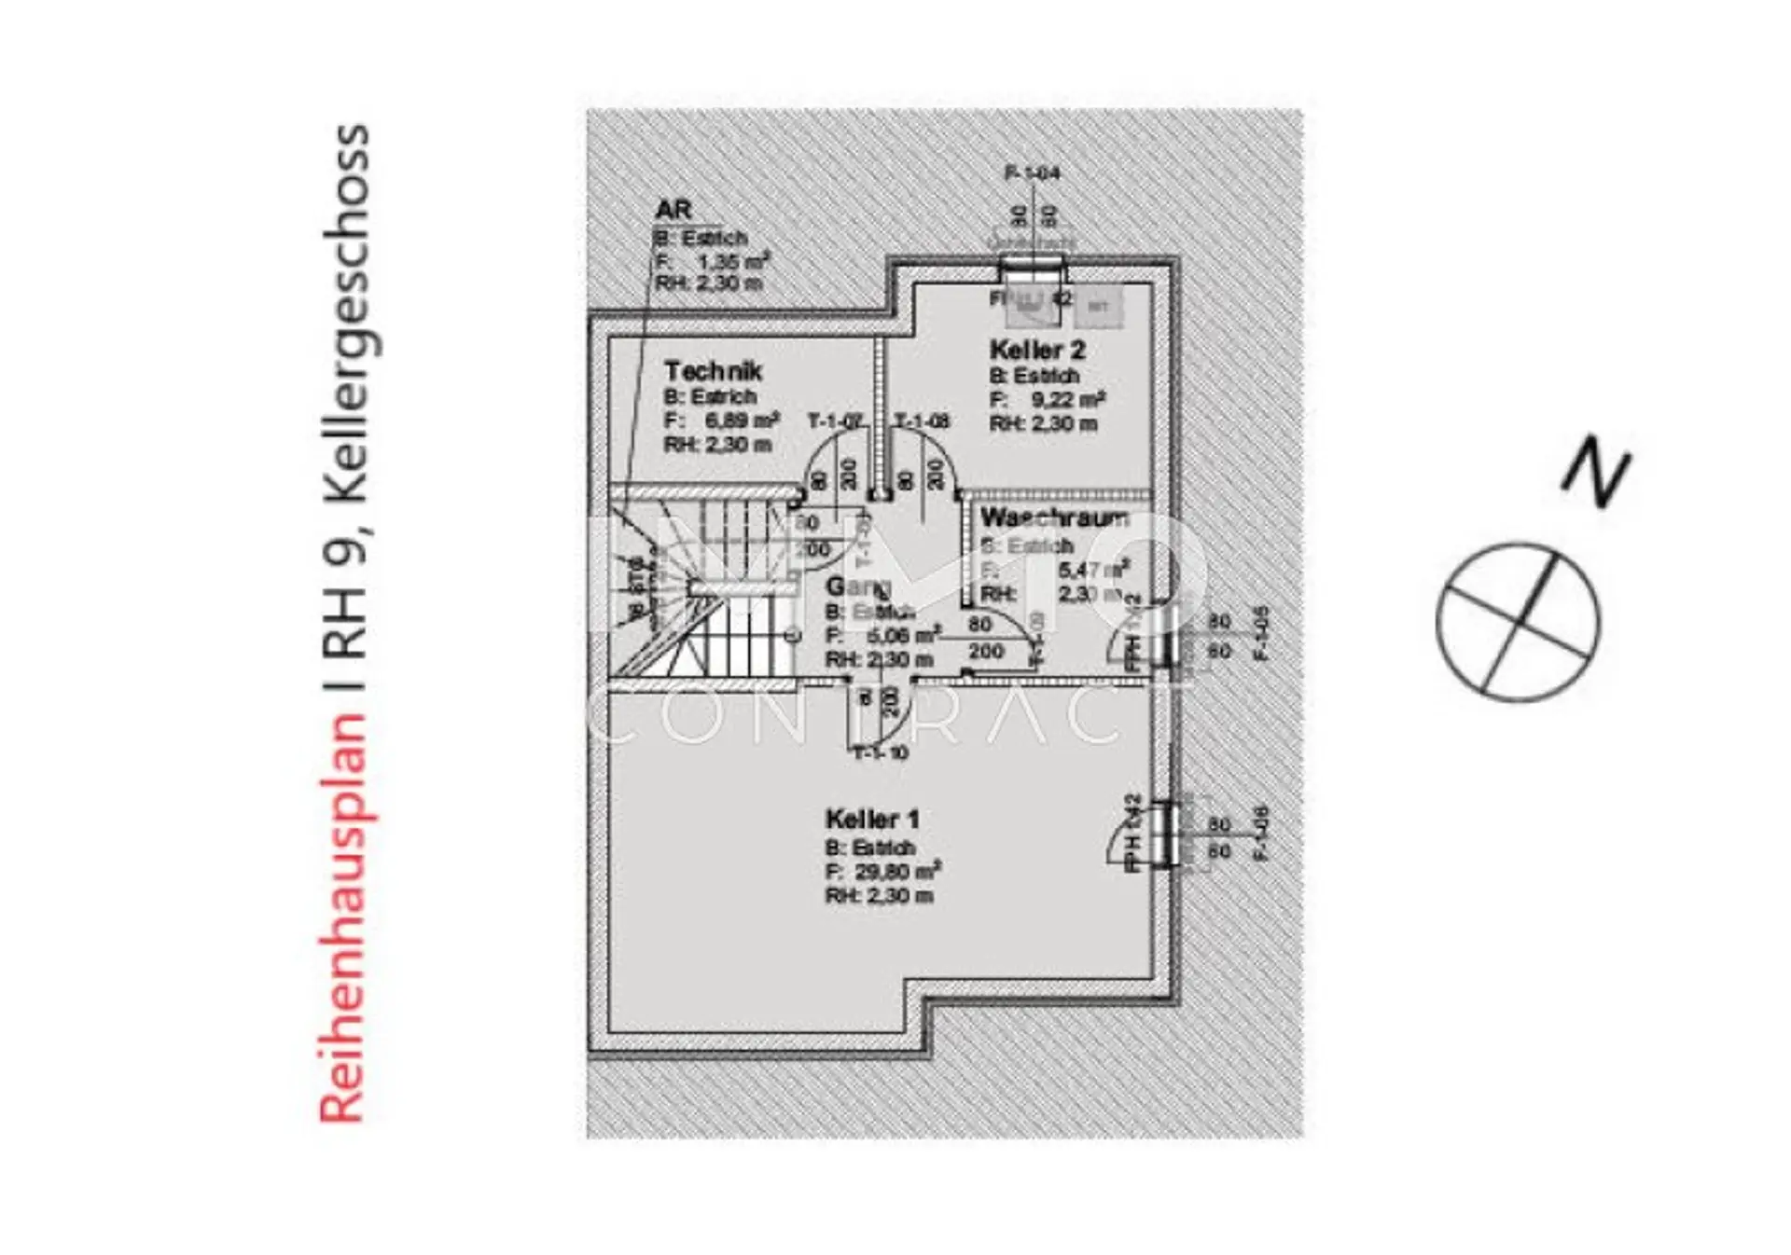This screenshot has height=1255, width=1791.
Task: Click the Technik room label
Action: (713, 371)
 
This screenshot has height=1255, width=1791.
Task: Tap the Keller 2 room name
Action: (1037, 351)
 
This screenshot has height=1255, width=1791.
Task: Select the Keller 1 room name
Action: (872, 820)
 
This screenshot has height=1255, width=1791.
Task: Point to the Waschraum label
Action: (1054, 517)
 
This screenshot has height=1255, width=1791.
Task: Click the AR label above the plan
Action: (673, 210)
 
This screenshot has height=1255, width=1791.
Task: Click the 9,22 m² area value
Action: (1067, 400)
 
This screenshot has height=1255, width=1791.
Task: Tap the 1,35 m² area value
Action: (733, 261)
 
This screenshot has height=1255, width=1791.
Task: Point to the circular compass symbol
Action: (1518, 622)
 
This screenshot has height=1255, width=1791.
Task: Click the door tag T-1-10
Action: (881, 753)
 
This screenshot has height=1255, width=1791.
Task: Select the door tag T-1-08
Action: (922, 421)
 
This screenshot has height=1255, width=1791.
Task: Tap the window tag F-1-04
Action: (1032, 172)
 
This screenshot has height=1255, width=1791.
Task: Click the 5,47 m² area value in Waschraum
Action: (1093, 568)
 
